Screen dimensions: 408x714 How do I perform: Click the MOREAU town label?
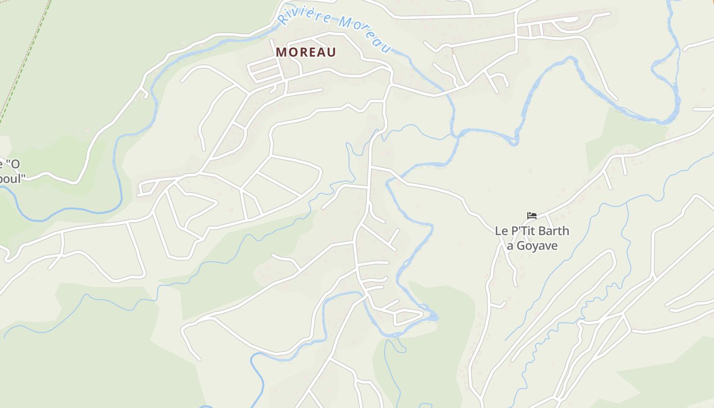306,52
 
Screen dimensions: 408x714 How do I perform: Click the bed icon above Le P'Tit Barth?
531,216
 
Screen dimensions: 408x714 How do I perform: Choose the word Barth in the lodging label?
553,231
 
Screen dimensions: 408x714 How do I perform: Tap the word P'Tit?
522,231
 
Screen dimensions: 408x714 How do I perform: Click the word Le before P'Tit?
501,231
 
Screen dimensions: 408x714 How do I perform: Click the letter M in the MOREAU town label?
281,52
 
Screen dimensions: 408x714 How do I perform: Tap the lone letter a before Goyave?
509,246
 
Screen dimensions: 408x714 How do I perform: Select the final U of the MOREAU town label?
331,52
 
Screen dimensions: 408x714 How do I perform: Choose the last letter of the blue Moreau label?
386,48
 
